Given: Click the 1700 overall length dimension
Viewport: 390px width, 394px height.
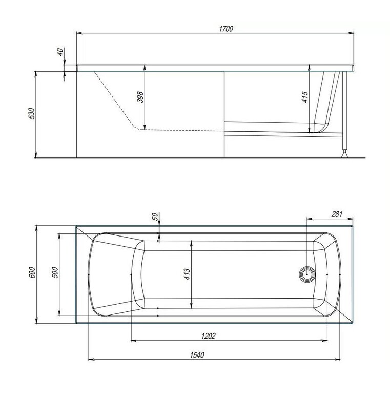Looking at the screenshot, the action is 226,29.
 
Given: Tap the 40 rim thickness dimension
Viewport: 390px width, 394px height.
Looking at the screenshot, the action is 60,52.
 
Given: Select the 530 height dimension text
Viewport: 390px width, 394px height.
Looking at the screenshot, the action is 32,113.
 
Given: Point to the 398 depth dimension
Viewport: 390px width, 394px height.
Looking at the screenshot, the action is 140,97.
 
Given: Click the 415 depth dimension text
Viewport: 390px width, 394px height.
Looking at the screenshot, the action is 305,97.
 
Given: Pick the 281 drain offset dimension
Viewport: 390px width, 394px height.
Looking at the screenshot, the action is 337,214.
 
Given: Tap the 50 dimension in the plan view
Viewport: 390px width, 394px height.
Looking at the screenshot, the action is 155,216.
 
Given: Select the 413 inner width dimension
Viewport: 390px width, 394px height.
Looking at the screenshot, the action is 187,274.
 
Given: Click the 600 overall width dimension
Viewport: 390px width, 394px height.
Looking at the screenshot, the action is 33,272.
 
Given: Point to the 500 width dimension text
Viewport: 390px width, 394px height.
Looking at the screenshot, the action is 55,272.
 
